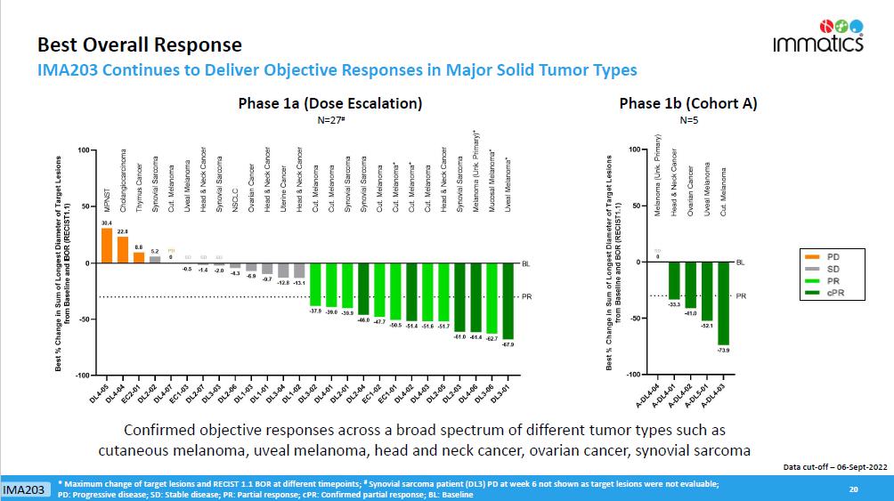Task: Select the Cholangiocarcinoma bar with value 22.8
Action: tap(123, 250)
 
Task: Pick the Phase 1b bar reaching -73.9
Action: tap(724, 303)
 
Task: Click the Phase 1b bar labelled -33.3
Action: tap(674, 280)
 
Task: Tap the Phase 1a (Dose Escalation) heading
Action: tap(330, 103)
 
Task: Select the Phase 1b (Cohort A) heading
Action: tap(688, 103)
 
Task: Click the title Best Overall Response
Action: tap(138, 44)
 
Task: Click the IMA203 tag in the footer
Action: tap(25, 490)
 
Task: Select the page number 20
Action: tap(853, 489)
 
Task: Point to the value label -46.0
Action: tap(363, 318)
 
